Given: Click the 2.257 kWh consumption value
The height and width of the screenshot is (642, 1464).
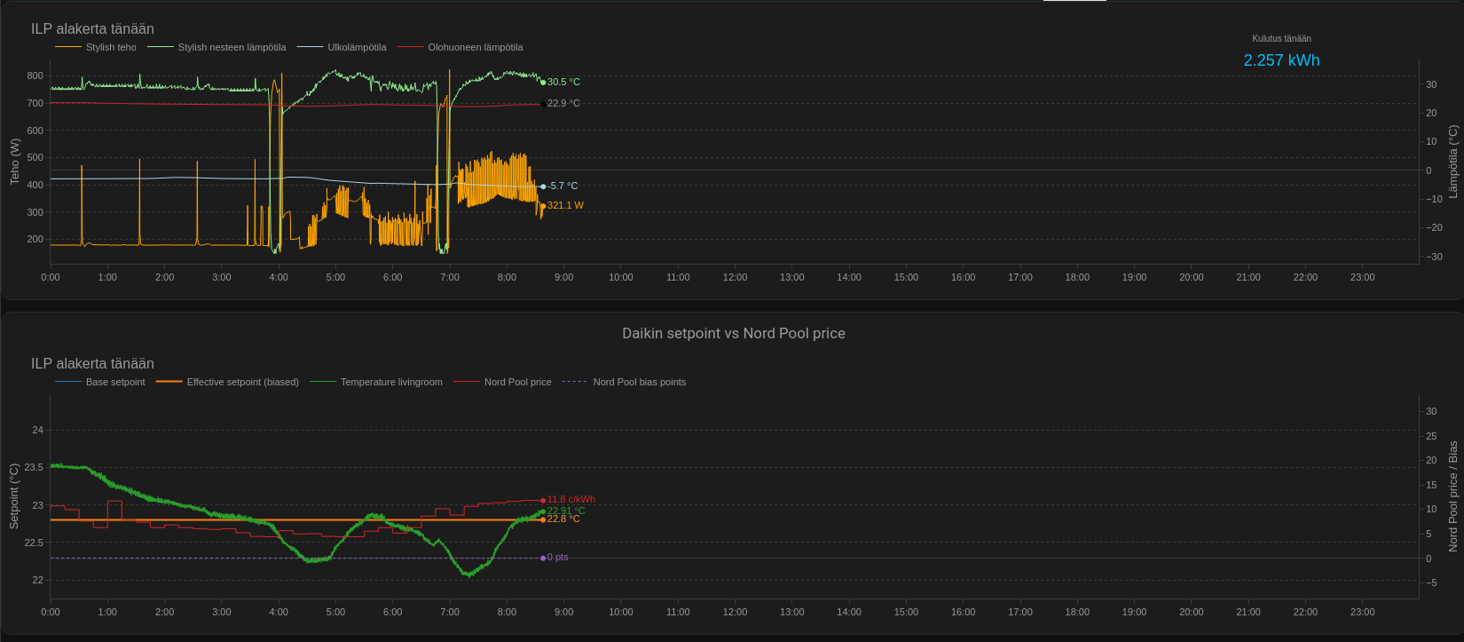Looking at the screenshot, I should pyautogui.click(x=1281, y=60).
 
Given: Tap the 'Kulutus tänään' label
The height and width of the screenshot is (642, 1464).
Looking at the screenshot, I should pyautogui.click(x=1281, y=38).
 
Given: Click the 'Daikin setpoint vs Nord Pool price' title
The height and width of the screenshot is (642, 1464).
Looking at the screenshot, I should pyautogui.click(x=733, y=334).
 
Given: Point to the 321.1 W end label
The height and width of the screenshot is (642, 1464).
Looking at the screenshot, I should pyautogui.click(x=565, y=205).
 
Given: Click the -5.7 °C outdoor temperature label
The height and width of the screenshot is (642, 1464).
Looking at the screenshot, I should pyautogui.click(x=563, y=186).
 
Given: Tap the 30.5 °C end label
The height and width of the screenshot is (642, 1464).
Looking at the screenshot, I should pyautogui.click(x=563, y=82).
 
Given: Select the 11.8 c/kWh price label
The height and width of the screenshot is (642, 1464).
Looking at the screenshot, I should pyautogui.click(x=571, y=499).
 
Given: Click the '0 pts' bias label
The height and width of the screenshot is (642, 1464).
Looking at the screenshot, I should pyautogui.click(x=557, y=558).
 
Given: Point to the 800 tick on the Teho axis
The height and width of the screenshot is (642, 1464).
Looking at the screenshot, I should pyautogui.click(x=35, y=75).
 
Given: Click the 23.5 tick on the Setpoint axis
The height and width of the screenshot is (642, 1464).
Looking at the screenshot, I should pyautogui.click(x=34, y=467).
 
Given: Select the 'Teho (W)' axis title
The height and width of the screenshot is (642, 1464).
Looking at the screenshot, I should pyautogui.click(x=14, y=161).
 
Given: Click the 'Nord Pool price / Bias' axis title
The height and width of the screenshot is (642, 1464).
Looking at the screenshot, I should pyautogui.click(x=1452, y=495).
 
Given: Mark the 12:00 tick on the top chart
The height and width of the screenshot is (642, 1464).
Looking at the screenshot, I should pyautogui.click(x=735, y=277).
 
